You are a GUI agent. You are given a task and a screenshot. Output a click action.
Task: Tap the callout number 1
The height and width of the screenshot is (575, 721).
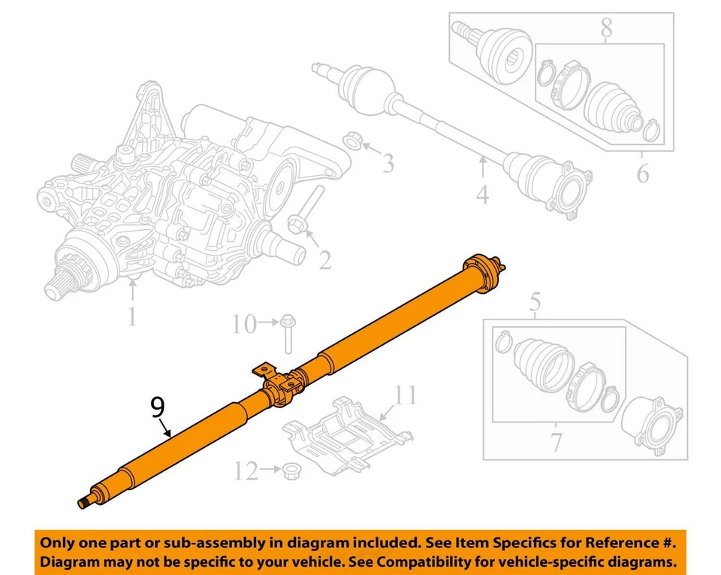pyautogui.click(x=131, y=316)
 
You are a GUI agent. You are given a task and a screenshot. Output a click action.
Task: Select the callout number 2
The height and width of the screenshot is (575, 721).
pyautogui.click(x=324, y=260)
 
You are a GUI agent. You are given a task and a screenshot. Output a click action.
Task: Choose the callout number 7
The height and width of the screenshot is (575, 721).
pyautogui.click(x=605, y=29)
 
